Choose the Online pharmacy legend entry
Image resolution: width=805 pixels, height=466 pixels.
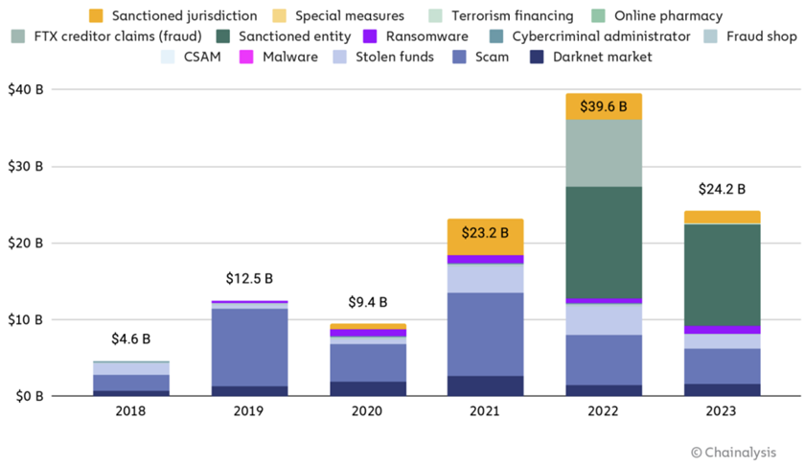point(659,15)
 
